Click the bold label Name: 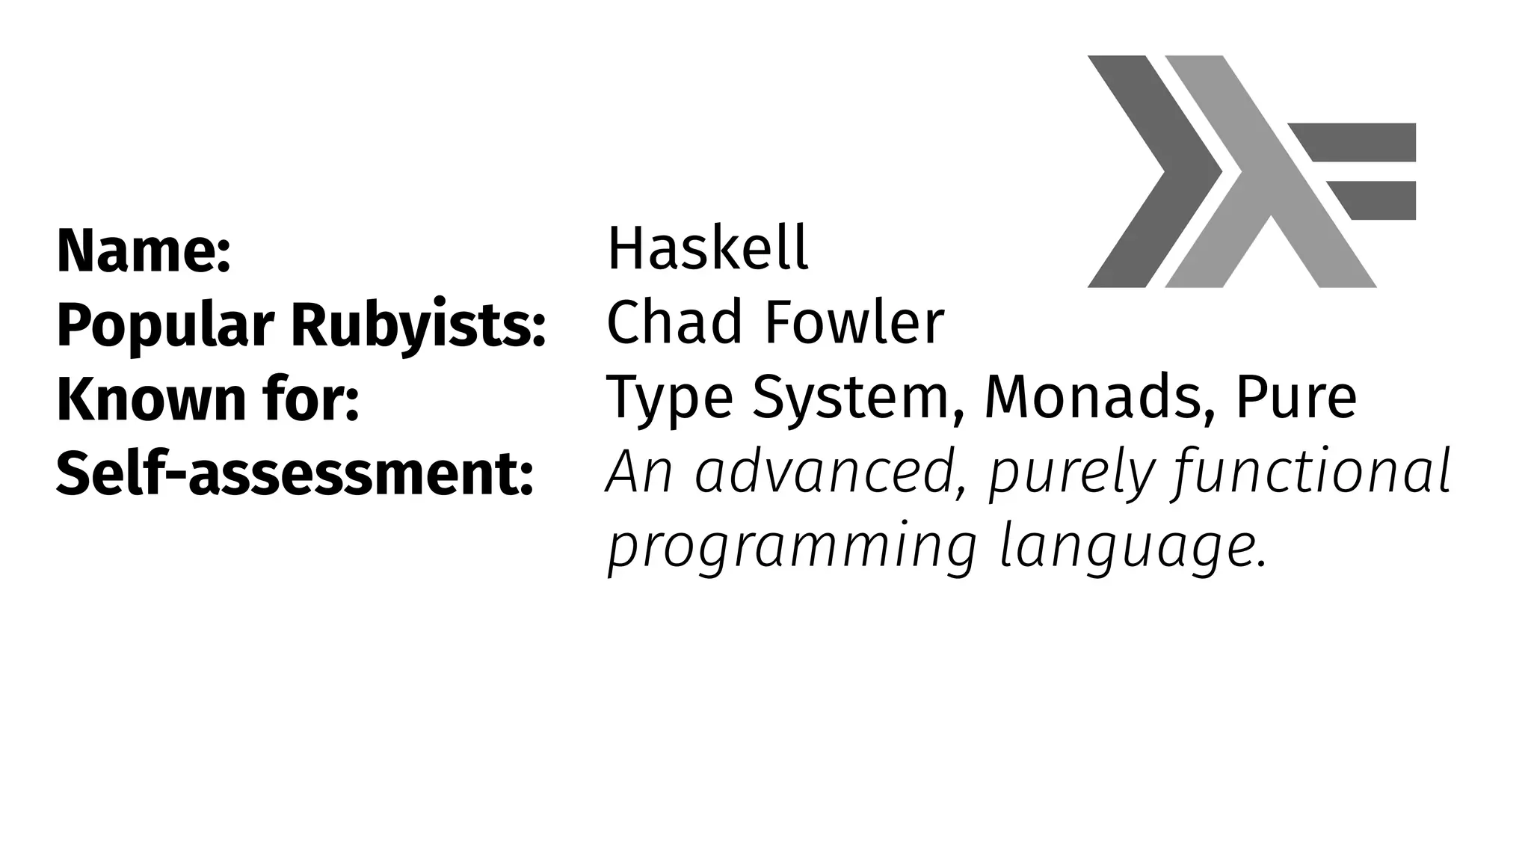pos(144,251)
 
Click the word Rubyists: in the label pos(419,326)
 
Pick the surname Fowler pos(854,323)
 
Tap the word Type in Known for pos(669,399)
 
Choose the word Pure pos(1296,398)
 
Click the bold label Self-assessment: pos(295,474)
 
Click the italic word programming pos(792,549)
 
